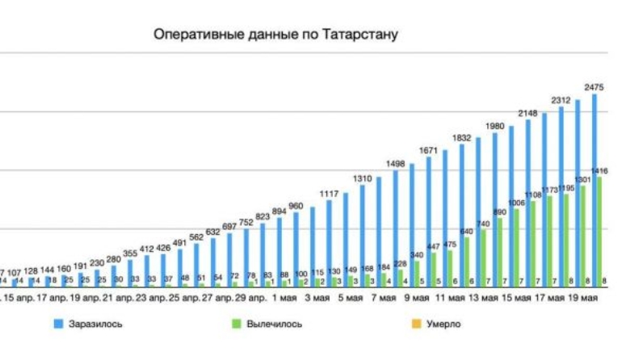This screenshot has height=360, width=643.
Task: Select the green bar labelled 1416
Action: [599, 230]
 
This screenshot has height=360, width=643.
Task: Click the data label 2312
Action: [561, 100]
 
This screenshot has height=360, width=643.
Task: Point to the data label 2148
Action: [527, 113]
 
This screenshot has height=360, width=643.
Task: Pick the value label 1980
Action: [494, 127]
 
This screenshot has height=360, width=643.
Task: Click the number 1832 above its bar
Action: [461, 139]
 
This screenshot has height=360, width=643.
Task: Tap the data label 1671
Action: [428, 151]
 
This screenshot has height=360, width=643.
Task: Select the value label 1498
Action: [395, 165]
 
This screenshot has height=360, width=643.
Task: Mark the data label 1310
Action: [362, 178]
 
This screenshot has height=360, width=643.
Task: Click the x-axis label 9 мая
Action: [417, 299]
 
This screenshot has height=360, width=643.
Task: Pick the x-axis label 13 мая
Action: [482, 299]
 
